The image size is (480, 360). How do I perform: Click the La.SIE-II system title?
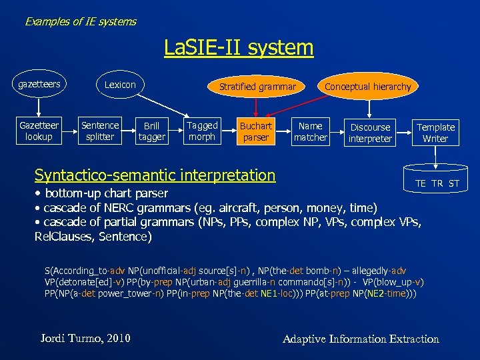239,47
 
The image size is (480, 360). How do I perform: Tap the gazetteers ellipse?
39,85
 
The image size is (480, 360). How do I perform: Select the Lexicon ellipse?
120,85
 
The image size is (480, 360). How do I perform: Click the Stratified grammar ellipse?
257,86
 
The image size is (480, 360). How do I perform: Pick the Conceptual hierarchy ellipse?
367,87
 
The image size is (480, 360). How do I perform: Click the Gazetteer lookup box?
39,131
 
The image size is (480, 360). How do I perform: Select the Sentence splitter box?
100,131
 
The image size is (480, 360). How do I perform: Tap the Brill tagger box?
151,131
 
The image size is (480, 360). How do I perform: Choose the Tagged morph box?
202,131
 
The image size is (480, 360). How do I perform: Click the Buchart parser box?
256,131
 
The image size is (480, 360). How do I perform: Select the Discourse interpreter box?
370,132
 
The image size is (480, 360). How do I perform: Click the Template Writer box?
435,132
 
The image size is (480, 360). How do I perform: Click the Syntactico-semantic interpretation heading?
155,175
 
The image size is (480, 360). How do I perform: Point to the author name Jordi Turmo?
85,338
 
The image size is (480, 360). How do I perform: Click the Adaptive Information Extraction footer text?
361,339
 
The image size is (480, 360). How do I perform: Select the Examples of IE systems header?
81,21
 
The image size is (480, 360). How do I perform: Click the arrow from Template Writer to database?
435,156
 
